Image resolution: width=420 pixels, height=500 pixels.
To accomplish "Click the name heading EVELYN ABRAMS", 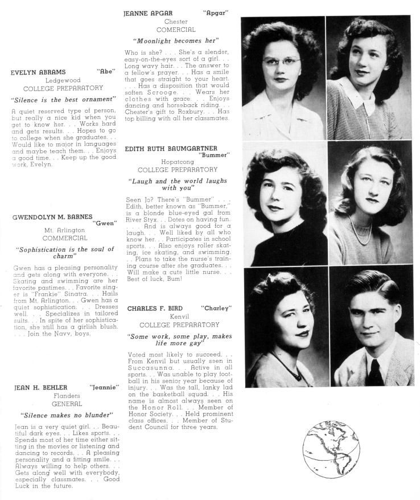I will point(38,72).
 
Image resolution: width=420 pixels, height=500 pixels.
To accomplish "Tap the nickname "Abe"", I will point(107,72).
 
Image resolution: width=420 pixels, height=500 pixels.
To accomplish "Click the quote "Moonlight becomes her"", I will point(176,41).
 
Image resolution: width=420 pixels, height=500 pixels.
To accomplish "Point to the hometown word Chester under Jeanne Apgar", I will point(176,22).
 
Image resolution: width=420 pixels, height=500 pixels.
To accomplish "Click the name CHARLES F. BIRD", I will point(151,308).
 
